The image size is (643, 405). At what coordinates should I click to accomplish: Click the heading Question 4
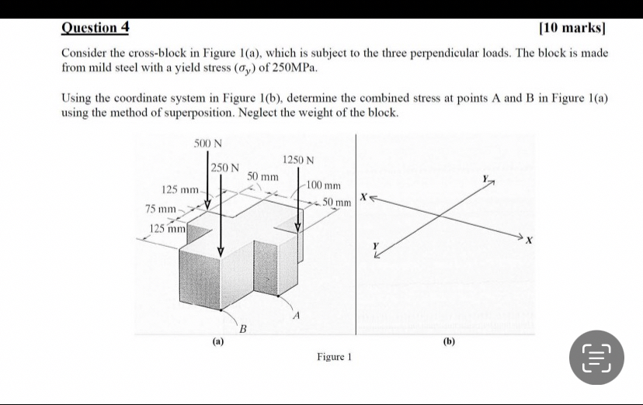(x=96, y=28)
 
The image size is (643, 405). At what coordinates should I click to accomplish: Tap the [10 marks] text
(x=572, y=29)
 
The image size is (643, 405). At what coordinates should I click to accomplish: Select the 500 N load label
(x=207, y=144)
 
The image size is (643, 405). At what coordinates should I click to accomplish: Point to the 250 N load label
(x=224, y=167)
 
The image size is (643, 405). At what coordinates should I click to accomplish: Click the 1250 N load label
(x=298, y=160)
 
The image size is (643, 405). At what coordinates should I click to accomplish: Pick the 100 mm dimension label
(x=324, y=185)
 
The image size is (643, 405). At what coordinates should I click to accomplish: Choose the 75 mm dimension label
(x=161, y=209)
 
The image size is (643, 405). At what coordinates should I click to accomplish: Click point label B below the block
(x=242, y=330)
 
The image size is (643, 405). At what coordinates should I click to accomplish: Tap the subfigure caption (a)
(x=218, y=341)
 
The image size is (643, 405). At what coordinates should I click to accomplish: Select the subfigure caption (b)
(x=449, y=341)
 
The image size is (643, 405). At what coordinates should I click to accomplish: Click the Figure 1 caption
(x=334, y=357)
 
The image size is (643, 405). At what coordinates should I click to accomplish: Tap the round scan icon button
(x=596, y=357)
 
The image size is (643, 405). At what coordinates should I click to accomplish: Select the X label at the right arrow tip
(x=529, y=241)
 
